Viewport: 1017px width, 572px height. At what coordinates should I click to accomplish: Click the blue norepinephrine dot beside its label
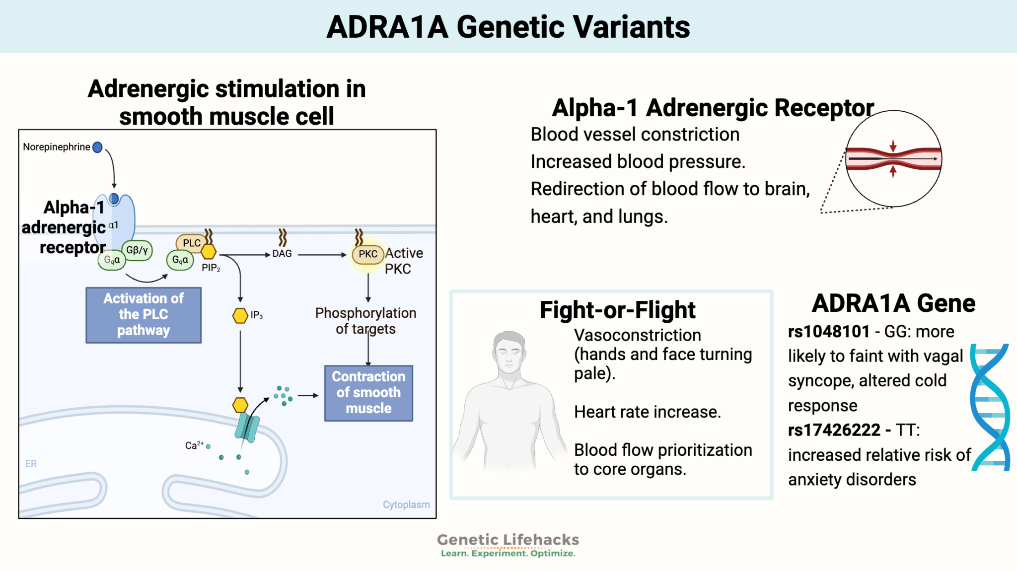tap(97, 147)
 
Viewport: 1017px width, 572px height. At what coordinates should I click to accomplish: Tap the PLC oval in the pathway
tap(191, 243)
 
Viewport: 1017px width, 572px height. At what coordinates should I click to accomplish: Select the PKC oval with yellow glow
tap(368, 254)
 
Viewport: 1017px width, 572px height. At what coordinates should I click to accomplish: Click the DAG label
tap(282, 254)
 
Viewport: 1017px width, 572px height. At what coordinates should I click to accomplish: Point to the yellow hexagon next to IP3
tap(240, 315)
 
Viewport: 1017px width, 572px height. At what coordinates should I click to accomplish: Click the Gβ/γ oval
tap(138, 250)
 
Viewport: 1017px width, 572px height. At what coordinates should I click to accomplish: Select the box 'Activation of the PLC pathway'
tap(144, 315)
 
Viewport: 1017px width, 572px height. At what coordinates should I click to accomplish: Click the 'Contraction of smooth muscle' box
tap(368, 393)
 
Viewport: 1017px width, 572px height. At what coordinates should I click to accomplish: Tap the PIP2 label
tap(211, 268)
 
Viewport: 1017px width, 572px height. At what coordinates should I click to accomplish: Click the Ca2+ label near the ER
tap(194, 445)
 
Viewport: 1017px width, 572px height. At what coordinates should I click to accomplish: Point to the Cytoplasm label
tap(406, 504)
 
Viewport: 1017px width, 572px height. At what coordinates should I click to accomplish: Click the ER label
tap(31, 464)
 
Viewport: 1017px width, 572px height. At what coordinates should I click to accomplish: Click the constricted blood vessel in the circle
tap(893, 159)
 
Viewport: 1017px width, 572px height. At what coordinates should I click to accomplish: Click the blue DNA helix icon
tap(990, 407)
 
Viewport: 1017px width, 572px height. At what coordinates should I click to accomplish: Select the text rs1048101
tap(829, 332)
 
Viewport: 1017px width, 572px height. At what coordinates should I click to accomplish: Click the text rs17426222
tap(834, 430)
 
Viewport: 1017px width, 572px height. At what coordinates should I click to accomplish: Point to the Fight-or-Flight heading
tap(617, 310)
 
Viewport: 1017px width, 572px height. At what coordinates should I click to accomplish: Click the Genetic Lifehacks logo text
tap(508, 540)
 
